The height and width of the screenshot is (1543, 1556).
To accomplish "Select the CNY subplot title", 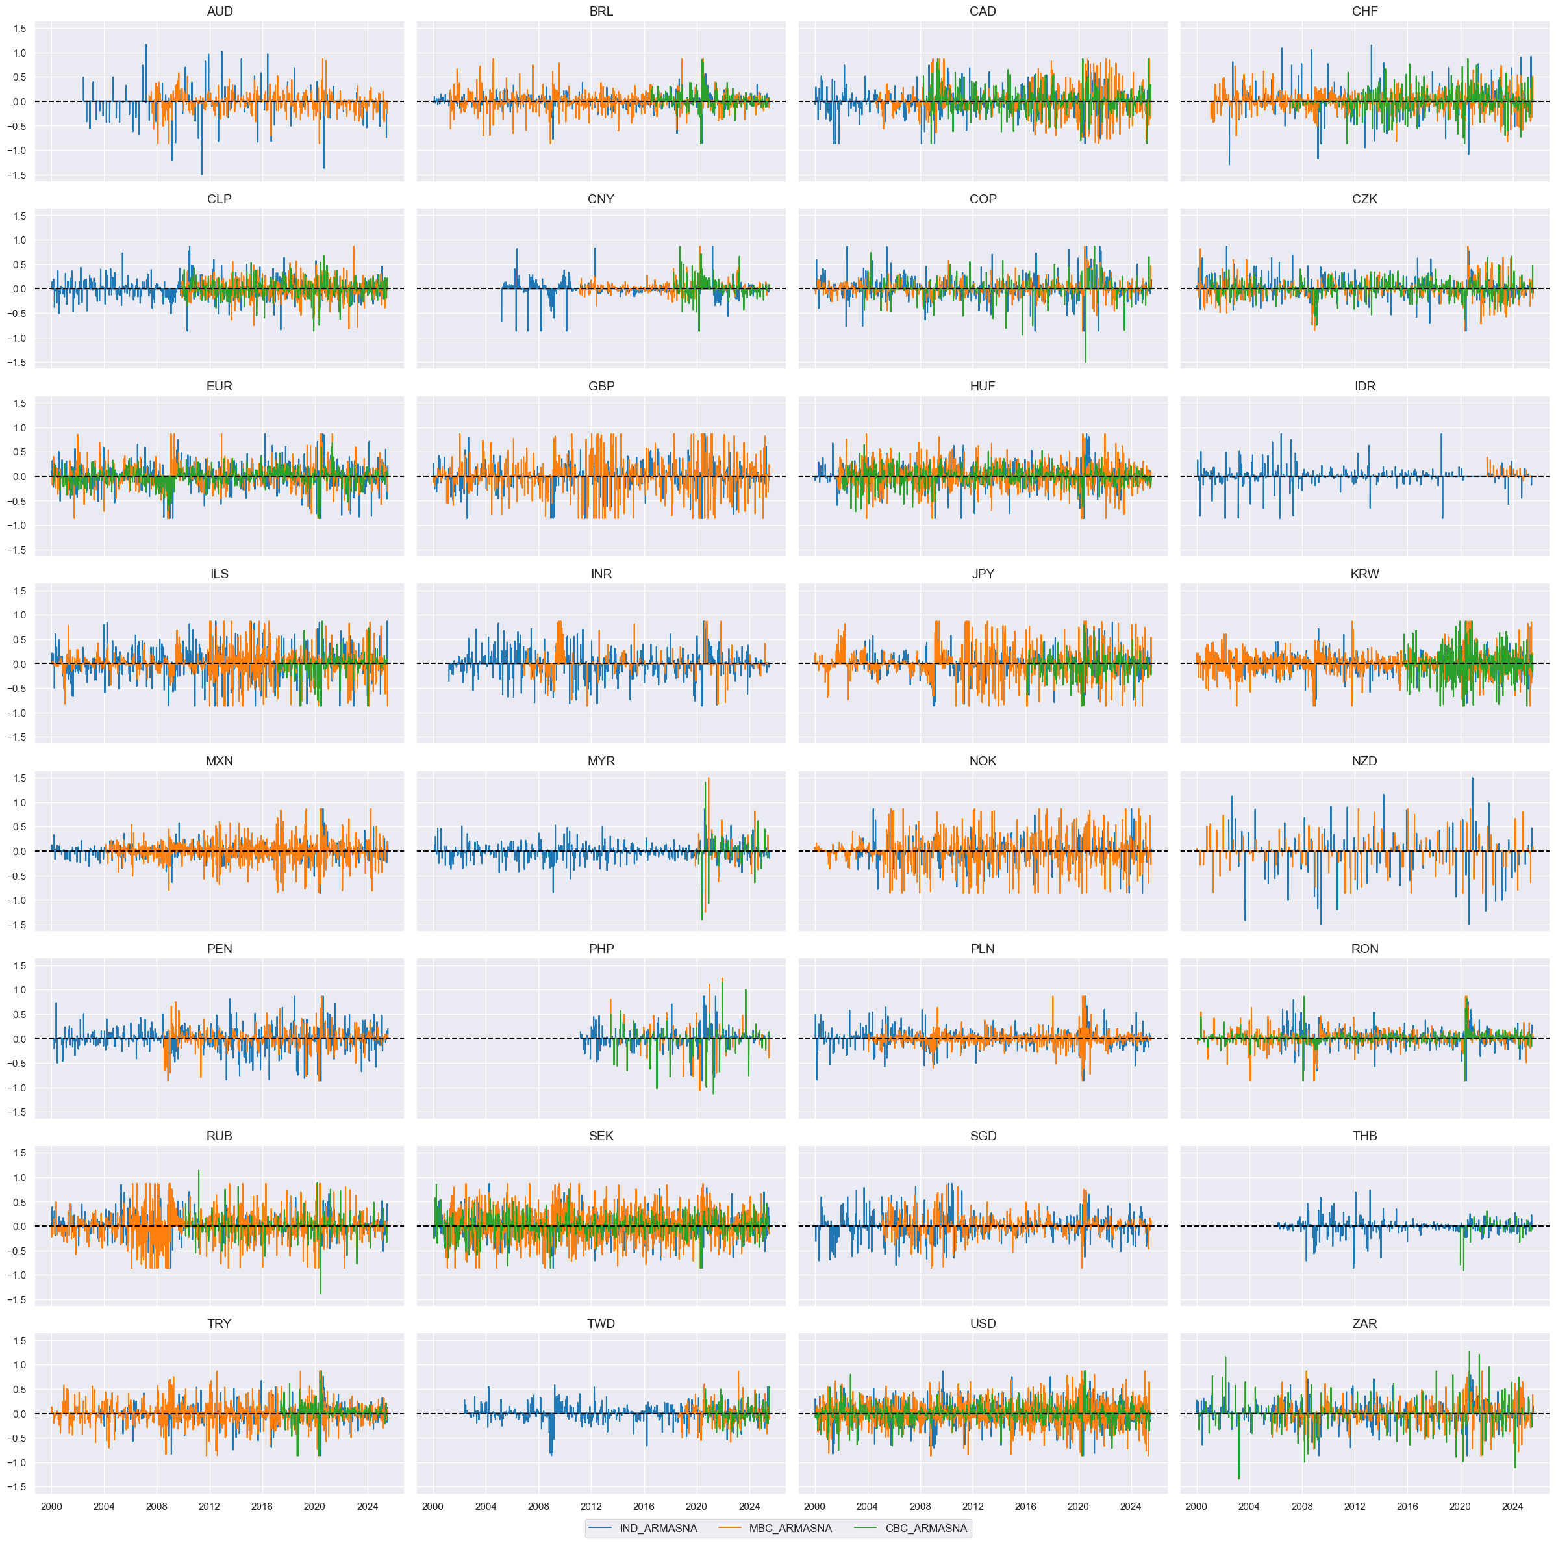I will coord(601,199).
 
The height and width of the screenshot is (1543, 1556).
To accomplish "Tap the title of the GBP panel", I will coord(601,387).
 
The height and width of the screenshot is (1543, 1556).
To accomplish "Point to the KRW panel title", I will coord(1364,574).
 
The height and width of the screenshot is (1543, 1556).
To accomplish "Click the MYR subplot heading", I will coord(601,761).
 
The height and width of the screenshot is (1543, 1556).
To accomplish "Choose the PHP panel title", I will coord(601,949).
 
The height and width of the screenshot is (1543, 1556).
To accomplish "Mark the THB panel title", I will coord(1364,1136).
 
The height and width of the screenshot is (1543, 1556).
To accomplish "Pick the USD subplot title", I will coord(983,1323).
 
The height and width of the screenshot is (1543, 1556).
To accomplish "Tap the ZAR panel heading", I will coord(1364,1323).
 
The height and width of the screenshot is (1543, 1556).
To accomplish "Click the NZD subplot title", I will coord(1364,761).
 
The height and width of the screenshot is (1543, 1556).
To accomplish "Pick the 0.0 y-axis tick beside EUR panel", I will coord(19,477).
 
